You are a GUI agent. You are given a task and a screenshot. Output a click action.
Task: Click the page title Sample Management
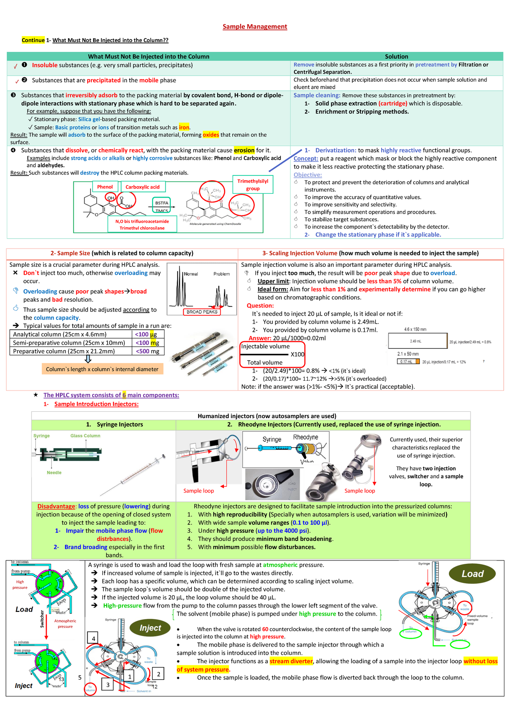click(x=255, y=26)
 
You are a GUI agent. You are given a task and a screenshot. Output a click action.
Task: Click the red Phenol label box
click(x=105, y=187)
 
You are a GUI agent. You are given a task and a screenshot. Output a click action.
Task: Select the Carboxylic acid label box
click(x=143, y=187)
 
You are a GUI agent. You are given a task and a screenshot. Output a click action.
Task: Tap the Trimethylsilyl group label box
click(x=253, y=184)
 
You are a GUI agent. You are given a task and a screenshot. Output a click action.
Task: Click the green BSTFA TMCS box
click(x=161, y=206)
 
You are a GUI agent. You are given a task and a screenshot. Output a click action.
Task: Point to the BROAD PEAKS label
click(x=202, y=312)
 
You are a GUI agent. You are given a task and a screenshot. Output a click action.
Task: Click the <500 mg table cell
click(x=147, y=351)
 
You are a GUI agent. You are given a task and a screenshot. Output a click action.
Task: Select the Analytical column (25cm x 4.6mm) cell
click(x=59, y=334)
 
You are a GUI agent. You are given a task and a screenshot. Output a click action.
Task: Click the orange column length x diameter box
click(x=102, y=369)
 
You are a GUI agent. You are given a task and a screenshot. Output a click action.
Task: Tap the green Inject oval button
click(x=150, y=628)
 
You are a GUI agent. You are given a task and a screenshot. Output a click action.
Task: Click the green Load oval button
click(x=472, y=574)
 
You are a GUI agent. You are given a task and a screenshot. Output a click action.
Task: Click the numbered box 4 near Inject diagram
click(x=93, y=639)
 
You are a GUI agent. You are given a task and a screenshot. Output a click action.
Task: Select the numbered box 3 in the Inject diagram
click(x=108, y=684)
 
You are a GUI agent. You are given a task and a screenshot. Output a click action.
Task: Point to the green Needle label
click(x=54, y=472)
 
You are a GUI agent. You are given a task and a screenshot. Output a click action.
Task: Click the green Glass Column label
click(x=85, y=435)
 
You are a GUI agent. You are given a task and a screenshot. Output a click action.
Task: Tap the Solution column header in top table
click(x=396, y=57)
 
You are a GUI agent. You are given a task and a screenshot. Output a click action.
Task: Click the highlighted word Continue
click(x=33, y=40)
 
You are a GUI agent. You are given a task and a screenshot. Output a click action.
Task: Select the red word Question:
click(x=260, y=305)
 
